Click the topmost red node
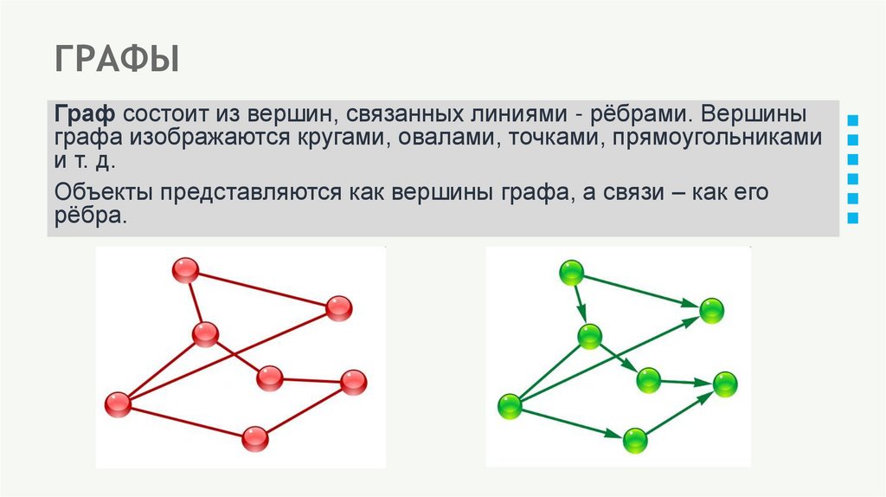coord(185,270)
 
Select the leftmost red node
coord(117,403)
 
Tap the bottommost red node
coord(254,439)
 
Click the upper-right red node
coord(338,307)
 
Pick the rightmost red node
coord(353,381)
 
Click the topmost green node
coord(571,274)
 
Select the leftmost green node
coord(510,404)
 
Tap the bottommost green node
coord(635,440)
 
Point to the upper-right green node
coord(711,309)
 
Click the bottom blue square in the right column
coord(854,218)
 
